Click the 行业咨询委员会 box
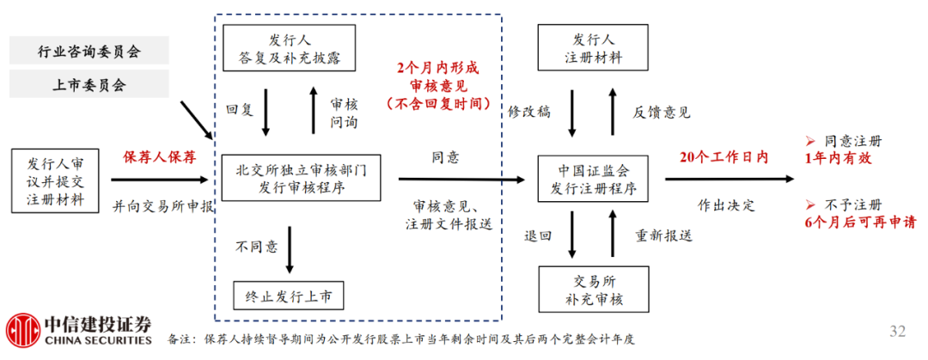pyautogui.click(x=89, y=51)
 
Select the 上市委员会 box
pyautogui.click(x=89, y=84)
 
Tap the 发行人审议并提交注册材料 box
pyautogui.click(x=56, y=181)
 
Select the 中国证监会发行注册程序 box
pyautogui.click(x=593, y=179)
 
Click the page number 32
pyautogui.click(x=897, y=332)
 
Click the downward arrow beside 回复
pyautogui.click(x=266, y=111)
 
